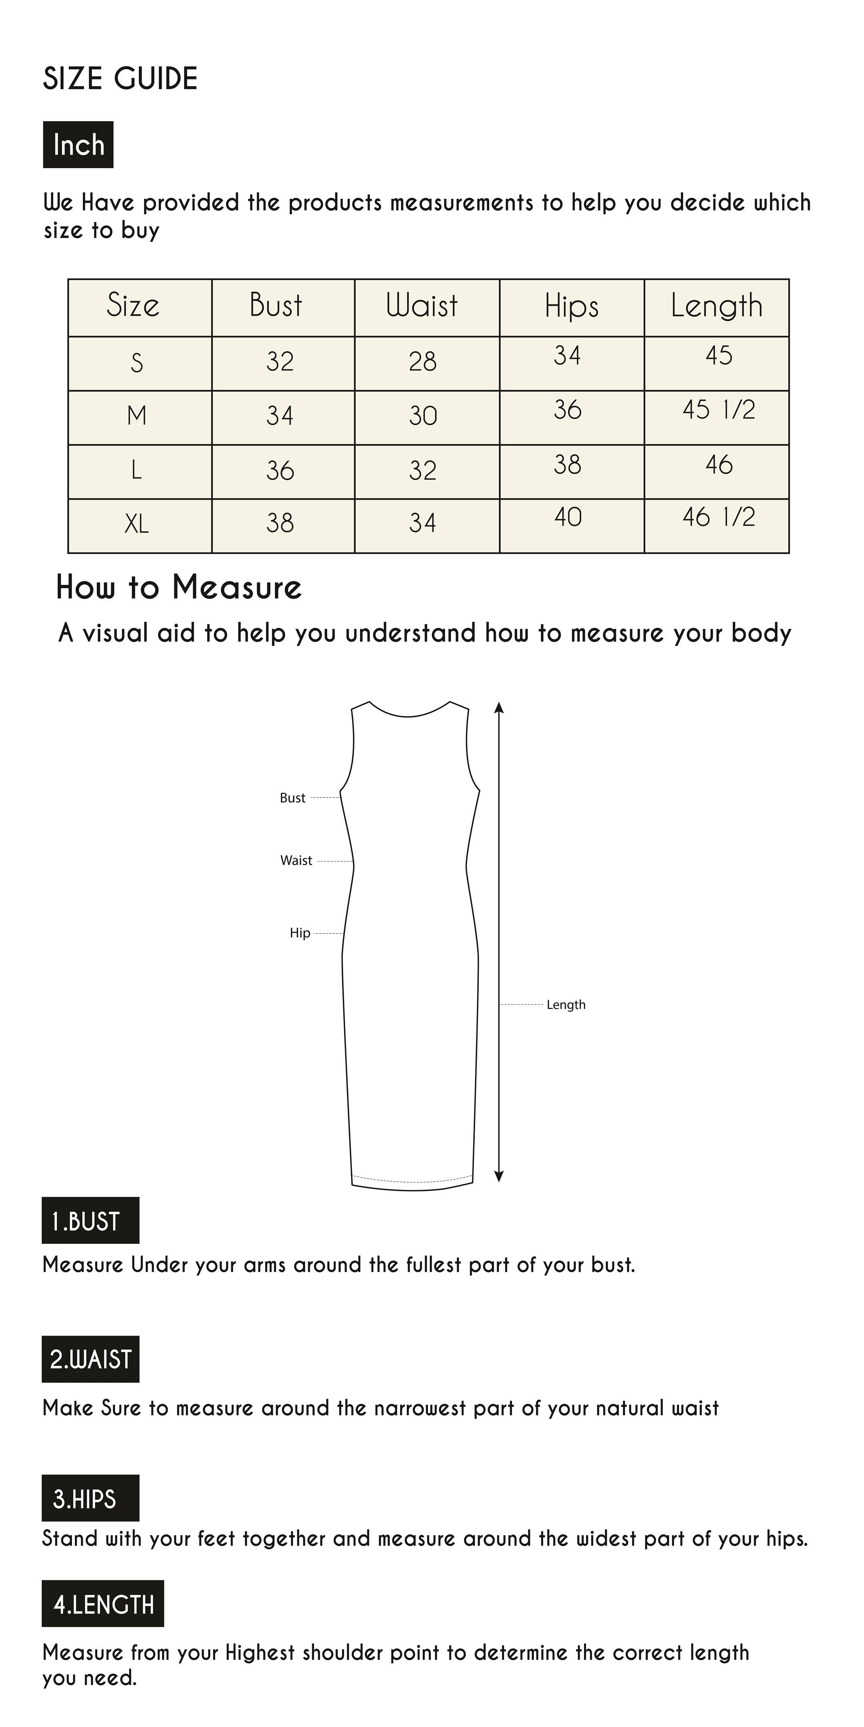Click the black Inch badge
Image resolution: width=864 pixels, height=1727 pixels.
coord(78,144)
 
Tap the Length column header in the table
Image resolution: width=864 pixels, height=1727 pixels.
coord(716,306)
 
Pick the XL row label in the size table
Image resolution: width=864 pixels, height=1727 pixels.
coord(137,524)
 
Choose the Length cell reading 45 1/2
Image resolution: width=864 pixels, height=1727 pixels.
coord(718,410)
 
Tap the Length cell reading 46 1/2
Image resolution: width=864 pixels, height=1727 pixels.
coord(718,517)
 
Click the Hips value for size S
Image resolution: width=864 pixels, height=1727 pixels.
coord(568,355)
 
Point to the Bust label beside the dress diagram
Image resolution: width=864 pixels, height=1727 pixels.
coord(292,798)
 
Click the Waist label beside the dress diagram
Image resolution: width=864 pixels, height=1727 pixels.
coord(296,860)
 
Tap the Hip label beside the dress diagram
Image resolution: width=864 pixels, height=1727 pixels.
coord(300,933)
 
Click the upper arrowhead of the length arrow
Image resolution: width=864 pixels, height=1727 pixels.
coord(498,708)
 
